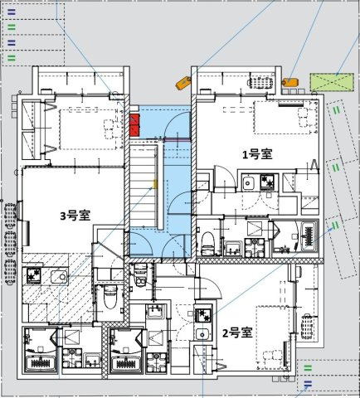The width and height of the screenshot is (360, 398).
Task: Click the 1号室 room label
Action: pyautogui.click(x=255, y=153)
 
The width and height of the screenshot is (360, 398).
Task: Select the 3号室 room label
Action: pyautogui.click(x=75, y=216)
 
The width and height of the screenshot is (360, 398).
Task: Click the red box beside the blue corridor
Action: pyautogui.click(x=134, y=126)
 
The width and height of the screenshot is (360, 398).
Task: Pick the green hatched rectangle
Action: pyautogui.click(x=330, y=82)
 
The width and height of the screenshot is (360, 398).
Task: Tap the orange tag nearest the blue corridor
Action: pyautogui.click(x=183, y=81)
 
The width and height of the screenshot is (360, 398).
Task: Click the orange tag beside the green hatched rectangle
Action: pyautogui.click(x=289, y=82)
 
